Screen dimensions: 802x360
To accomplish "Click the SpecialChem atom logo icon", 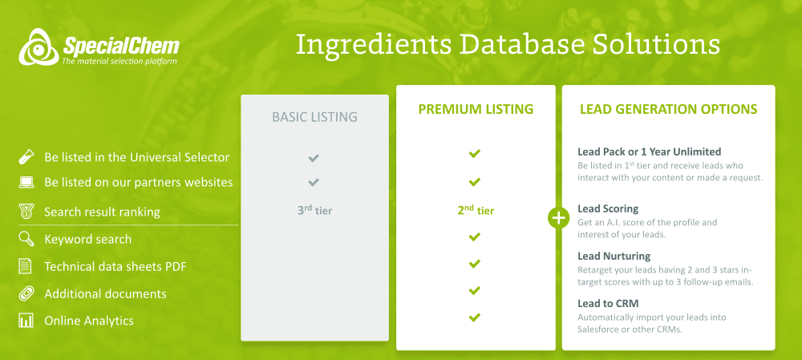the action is [x=38, y=47].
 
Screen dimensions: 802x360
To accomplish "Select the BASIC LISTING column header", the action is [x=314, y=117].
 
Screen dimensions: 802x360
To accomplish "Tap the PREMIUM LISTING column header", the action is [x=476, y=109].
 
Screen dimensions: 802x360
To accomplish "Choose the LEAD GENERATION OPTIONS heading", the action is [x=669, y=109].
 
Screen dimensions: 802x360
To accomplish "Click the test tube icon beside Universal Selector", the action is [x=26, y=157].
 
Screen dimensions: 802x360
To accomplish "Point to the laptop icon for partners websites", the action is [x=26, y=183].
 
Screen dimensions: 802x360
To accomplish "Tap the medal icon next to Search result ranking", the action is [x=26, y=212].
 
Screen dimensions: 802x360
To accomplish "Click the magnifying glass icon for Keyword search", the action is [x=26, y=239].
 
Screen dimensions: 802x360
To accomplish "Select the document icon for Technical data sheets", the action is [x=25, y=266].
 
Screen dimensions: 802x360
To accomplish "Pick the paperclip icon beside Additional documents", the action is [x=26, y=294].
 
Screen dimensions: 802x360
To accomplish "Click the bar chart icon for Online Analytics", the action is [x=26, y=321].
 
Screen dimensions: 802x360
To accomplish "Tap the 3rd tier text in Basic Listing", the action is [x=314, y=210].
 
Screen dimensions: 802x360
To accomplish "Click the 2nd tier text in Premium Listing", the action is [x=476, y=209].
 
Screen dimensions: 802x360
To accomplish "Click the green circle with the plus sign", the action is [x=558, y=218].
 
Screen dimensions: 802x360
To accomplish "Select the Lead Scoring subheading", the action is [x=608, y=209].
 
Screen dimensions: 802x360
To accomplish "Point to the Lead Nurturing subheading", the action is [x=614, y=256].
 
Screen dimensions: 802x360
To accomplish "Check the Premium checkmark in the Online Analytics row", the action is [x=475, y=318].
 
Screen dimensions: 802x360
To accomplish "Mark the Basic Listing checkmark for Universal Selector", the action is [x=314, y=158].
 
